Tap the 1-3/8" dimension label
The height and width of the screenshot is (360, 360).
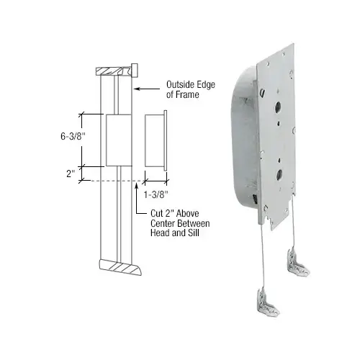point(156,193)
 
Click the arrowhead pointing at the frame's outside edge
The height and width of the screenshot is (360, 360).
point(138,89)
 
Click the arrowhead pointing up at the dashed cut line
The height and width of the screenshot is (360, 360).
point(136,184)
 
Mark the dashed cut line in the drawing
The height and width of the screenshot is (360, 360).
point(115,180)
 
